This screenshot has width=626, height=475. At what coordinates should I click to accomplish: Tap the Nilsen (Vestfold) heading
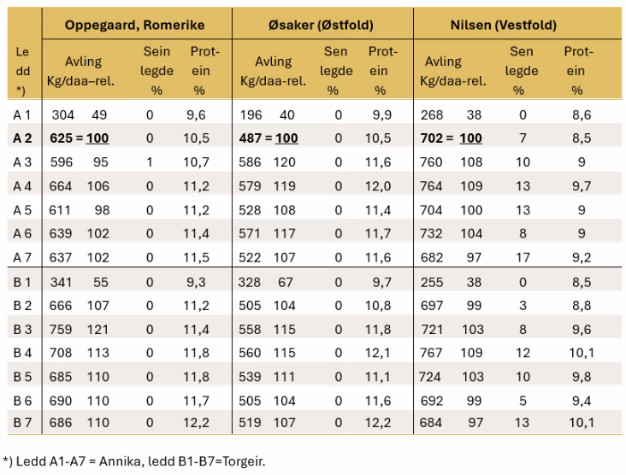pyautogui.click(x=503, y=25)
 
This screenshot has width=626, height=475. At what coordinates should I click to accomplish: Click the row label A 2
pyautogui.click(x=22, y=138)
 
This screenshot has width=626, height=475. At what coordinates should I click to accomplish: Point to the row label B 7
pyautogui.click(x=22, y=422)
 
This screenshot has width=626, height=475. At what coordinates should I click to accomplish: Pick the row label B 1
pyautogui.click(x=22, y=279)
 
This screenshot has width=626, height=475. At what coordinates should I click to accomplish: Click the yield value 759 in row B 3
pyautogui.click(x=63, y=327)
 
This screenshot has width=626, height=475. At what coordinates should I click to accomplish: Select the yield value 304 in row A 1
pyautogui.click(x=63, y=114)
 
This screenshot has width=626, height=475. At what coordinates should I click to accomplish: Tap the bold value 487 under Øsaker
pyautogui.click(x=251, y=138)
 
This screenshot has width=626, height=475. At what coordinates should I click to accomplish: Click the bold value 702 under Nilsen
pyautogui.click(x=434, y=138)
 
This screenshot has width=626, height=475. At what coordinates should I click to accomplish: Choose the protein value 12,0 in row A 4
pyautogui.click(x=379, y=185)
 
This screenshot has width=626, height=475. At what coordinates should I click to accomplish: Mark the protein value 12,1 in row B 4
pyautogui.click(x=379, y=351)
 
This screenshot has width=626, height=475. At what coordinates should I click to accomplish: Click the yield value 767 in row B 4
pyautogui.click(x=434, y=351)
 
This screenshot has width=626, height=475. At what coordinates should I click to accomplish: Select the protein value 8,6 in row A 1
pyautogui.click(x=581, y=114)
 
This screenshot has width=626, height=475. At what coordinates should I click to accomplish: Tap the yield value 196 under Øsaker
pyautogui.click(x=251, y=114)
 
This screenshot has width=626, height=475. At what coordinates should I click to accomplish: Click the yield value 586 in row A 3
pyautogui.click(x=251, y=161)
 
